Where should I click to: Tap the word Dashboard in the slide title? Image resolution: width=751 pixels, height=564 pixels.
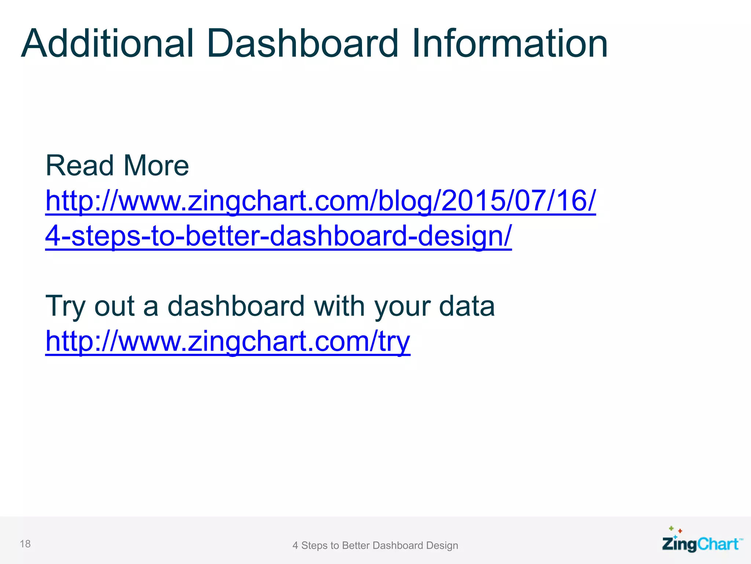302,44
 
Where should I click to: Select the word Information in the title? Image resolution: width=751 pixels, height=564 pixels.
510,44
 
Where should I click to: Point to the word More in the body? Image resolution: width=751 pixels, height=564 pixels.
156,166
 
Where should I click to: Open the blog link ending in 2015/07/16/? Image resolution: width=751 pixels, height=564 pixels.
320,201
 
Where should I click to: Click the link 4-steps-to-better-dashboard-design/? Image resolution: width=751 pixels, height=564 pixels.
278,236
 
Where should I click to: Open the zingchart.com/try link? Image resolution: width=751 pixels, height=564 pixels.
228,341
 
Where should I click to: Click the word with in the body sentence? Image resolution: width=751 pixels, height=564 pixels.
339,306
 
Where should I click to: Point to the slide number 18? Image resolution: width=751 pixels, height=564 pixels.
25,544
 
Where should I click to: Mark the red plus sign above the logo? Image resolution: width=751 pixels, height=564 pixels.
680,531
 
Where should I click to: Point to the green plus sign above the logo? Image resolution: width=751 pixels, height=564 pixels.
671,528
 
